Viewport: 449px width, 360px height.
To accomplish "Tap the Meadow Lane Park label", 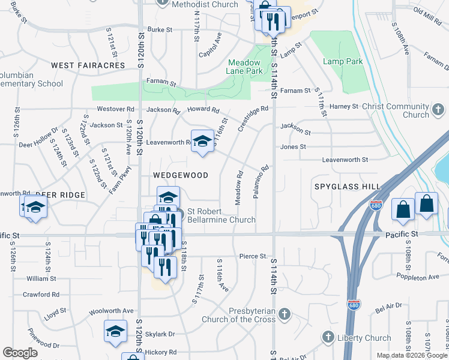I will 244,67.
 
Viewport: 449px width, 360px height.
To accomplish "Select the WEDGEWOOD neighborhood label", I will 180,175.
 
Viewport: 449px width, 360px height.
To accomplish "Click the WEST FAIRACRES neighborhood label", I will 88,65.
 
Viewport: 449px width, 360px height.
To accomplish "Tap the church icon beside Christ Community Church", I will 439,110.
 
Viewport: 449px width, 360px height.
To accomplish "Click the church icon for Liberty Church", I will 328,337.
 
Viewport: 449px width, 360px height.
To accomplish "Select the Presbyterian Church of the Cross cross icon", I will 285,314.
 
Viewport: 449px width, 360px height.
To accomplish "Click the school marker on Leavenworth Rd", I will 202,141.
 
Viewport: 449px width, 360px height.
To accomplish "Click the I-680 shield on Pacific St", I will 376,205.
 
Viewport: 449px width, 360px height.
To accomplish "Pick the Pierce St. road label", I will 253,256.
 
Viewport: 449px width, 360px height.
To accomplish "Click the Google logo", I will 20,353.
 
